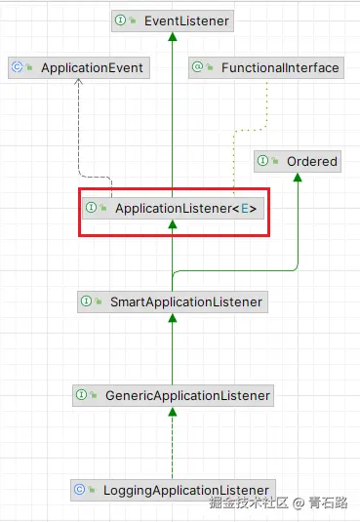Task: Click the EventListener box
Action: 172,19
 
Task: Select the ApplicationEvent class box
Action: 78,68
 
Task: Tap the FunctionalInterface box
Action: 266,68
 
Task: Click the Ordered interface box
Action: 298,161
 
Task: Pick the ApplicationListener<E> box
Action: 173,208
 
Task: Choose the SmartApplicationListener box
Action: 173,301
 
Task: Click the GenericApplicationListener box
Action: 173,395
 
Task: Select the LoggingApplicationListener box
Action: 173,489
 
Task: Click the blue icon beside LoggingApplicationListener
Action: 84,489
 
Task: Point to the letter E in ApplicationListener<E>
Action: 248,208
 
